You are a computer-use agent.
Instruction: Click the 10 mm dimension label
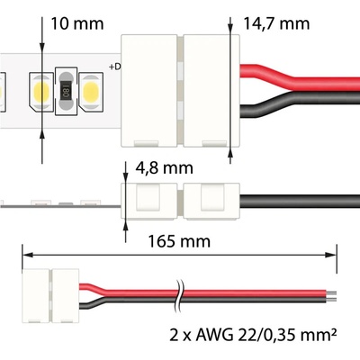pyautogui.click(x=77, y=23)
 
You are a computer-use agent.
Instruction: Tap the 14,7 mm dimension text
pyautogui.click(x=276, y=23)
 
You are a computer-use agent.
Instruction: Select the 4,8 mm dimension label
pyautogui.click(x=164, y=168)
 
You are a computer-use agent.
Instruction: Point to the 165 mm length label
pyautogui.click(x=179, y=241)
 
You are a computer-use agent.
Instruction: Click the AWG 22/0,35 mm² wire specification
pyautogui.click(x=253, y=335)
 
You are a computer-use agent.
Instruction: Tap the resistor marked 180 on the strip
pyautogui.click(x=67, y=91)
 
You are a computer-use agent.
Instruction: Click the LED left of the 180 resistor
pyautogui.click(x=41, y=92)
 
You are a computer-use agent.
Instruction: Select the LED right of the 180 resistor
pyautogui.click(x=91, y=92)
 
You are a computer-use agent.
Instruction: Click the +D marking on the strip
pyautogui.click(x=115, y=67)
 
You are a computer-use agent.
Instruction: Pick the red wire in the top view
pyautogui.click(x=300, y=78)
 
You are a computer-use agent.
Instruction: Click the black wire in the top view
pyautogui.click(x=300, y=103)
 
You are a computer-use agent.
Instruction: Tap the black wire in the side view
pyautogui.click(x=300, y=202)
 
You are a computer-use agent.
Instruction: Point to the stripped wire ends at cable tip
pyautogui.click(x=331, y=296)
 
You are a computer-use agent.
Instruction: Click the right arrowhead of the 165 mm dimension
pyautogui.click(x=331, y=255)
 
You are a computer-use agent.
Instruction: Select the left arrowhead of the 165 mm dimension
pyautogui.click(x=28, y=255)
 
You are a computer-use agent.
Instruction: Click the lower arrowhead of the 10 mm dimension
pyautogui.click(x=42, y=136)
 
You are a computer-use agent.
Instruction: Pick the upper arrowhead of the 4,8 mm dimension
pyautogui.click(x=125, y=177)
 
